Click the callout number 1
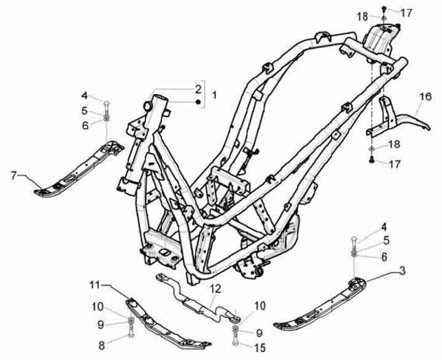tap(214, 95)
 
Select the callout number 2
tap(198, 88)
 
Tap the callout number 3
tap(402, 270)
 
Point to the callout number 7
tap(14, 176)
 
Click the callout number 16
tap(425, 97)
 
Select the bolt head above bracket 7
tap(107, 102)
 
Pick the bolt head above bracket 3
tap(354, 240)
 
